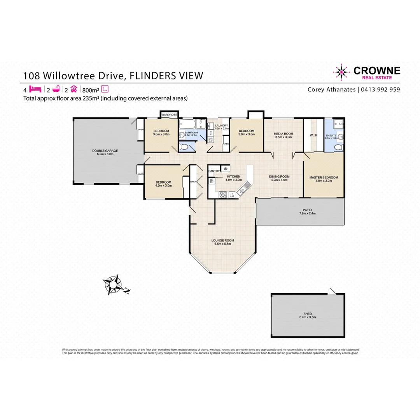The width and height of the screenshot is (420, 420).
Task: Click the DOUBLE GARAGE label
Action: tap(105, 150)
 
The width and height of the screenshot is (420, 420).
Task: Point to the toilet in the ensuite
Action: tap(339, 147)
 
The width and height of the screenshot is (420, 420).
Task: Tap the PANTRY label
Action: tap(214, 171)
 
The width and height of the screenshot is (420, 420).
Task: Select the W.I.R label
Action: tap(314, 135)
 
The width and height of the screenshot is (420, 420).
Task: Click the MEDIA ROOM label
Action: tap(283, 133)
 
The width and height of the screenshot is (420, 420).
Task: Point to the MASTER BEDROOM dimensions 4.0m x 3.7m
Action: tap(324, 181)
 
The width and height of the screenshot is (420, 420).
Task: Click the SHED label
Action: tap(308, 313)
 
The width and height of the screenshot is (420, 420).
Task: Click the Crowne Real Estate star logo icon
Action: tap(341, 72)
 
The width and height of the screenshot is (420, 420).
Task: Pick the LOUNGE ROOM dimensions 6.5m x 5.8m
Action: tap(222, 244)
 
